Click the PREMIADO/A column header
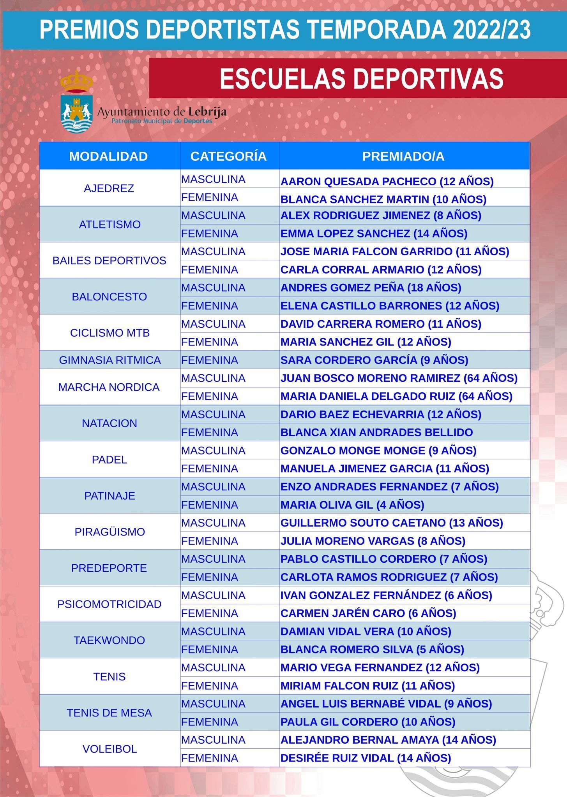403,156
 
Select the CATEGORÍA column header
228,156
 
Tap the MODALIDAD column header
108,156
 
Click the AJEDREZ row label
109,188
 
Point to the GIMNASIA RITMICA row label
110,360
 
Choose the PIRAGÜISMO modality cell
110,532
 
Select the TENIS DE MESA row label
110,713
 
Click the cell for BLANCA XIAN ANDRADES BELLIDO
376,432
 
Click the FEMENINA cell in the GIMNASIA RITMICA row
210,360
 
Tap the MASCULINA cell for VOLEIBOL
213,740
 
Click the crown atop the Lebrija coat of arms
76,81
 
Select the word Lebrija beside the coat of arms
207,112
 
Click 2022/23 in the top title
491,30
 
